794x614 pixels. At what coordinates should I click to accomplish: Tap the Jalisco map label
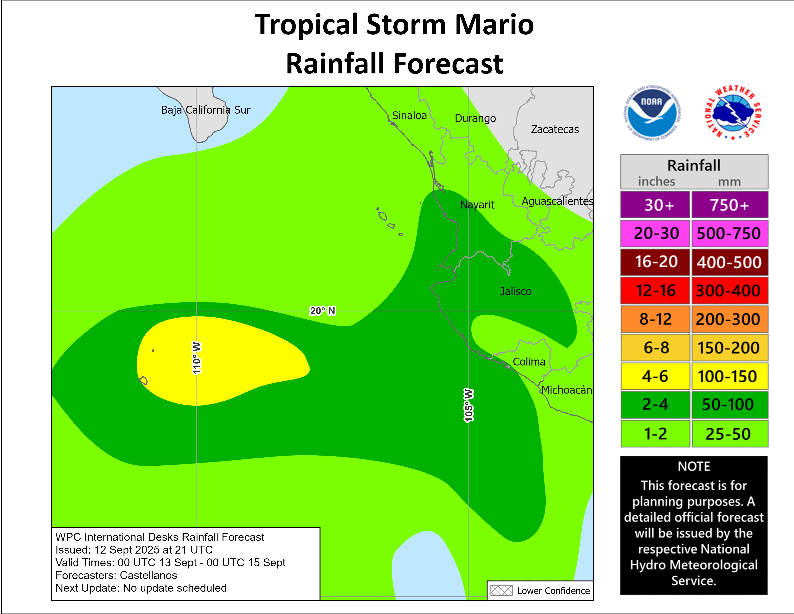[x=516, y=291]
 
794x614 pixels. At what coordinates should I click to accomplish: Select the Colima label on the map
[x=529, y=362]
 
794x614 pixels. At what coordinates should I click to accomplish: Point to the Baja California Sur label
[x=205, y=110]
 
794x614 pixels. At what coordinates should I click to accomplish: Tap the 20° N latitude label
[x=322, y=311]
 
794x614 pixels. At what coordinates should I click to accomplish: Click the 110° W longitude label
[x=196, y=358]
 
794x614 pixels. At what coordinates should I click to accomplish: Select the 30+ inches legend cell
[x=655, y=205]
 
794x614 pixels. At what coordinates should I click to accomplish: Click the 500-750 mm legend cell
[x=729, y=233]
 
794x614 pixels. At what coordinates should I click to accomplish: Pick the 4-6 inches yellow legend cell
[x=655, y=376]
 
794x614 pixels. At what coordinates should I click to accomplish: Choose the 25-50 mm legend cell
[x=729, y=434]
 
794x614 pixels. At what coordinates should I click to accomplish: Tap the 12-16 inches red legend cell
[x=655, y=291]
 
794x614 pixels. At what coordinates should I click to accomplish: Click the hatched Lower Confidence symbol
[x=501, y=590]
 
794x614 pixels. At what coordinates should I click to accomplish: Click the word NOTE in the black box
[x=694, y=466]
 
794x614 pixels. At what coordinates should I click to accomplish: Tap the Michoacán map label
[x=566, y=390]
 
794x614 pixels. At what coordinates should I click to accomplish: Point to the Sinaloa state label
[x=409, y=116]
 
